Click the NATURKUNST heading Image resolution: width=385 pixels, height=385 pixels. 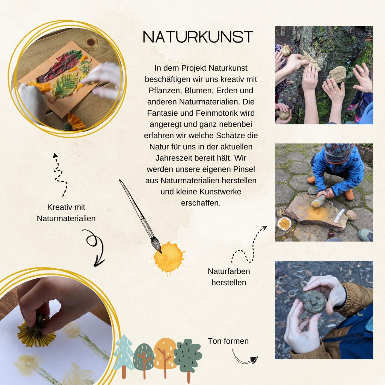(x=198, y=37)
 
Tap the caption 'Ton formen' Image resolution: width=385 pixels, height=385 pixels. (x=228, y=341)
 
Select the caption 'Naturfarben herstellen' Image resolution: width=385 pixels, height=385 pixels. (x=229, y=277)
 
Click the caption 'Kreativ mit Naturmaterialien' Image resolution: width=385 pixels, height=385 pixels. (x=66, y=213)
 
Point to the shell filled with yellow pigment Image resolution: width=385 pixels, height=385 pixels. (x=284, y=223)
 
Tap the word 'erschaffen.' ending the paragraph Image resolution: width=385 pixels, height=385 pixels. (x=201, y=203)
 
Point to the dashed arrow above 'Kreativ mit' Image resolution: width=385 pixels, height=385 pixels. (x=60, y=175)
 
